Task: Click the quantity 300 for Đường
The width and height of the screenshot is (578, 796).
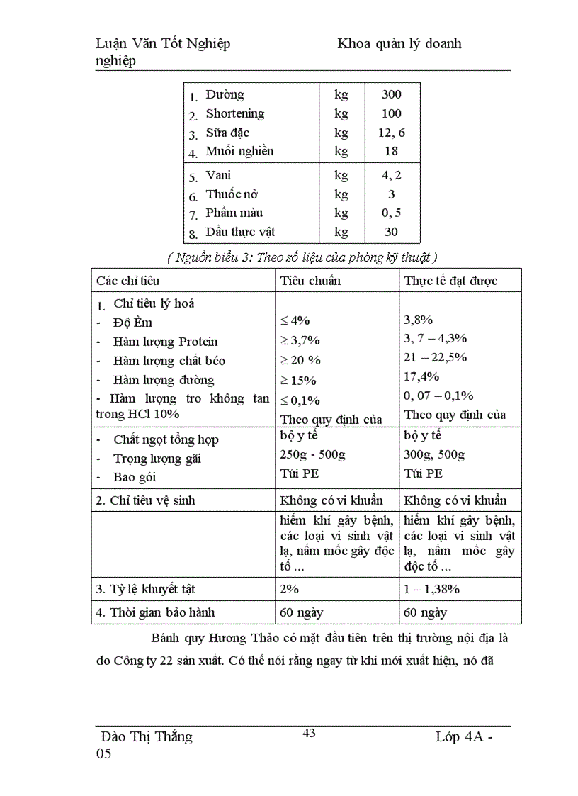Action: [x=391, y=94]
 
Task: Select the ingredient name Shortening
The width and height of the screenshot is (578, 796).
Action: [x=234, y=113]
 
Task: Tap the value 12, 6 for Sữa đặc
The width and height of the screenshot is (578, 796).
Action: [x=391, y=133]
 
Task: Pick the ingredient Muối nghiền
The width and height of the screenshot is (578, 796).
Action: [x=239, y=151]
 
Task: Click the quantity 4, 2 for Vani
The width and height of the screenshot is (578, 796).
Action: [x=391, y=175]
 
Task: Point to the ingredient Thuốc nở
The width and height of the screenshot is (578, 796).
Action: [x=232, y=194]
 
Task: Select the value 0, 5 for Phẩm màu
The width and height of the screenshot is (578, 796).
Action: [x=391, y=213]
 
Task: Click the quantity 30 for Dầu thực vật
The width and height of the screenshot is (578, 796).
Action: [x=391, y=232]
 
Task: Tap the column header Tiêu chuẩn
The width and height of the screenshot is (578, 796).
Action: [x=310, y=281]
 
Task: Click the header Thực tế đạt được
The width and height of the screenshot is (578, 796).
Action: [x=450, y=281]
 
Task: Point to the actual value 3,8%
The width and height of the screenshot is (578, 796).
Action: [x=418, y=320]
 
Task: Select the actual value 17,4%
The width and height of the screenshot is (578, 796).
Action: [x=421, y=376]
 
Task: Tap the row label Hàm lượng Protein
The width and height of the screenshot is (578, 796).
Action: [x=165, y=342]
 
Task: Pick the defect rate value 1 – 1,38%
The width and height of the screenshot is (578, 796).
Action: [x=432, y=589]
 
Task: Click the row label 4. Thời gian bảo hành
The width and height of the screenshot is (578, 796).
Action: [x=155, y=612]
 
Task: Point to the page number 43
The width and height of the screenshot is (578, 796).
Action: [x=309, y=733]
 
